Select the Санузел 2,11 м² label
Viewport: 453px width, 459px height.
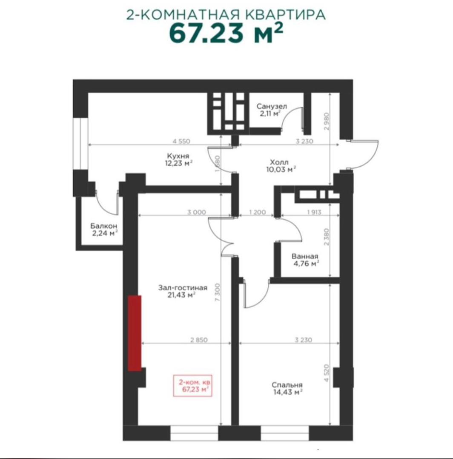tap(272, 110)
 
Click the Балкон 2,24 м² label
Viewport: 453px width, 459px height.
tap(104, 229)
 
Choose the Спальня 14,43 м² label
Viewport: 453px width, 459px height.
tap(287, 388)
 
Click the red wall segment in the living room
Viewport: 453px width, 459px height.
tap(135, 333)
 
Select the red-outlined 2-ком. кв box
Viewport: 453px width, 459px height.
tap(192, 386)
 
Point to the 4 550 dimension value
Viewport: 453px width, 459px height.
tap(181, 141)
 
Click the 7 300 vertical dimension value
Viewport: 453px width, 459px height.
tap(217, 293)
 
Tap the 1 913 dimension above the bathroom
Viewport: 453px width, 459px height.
tap(314, 212)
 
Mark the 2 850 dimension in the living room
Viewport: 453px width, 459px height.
tap(199, 340)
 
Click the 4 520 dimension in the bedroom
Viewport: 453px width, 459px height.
tap(327, 373)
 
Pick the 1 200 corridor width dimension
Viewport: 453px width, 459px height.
tap(258, 212)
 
